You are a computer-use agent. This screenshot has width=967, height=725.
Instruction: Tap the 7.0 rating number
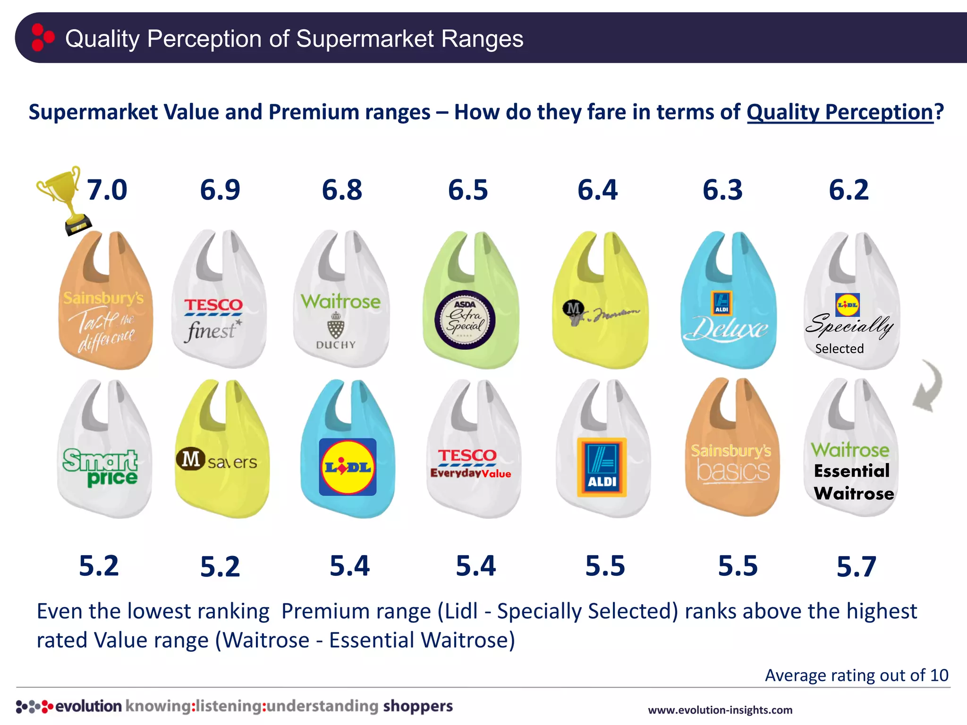click(x=107, y=190)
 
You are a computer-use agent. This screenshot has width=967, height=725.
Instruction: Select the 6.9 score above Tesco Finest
click(x=220, y=190)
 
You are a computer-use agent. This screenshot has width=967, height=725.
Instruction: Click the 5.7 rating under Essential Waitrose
click(x=856, y=566)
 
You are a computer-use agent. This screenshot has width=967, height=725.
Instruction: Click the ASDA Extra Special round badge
click(x=465, y=320)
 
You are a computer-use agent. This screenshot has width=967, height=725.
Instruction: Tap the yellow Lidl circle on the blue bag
click(x=348, y=467)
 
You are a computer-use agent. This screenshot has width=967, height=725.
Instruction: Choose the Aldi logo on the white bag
click(x=602, y=467)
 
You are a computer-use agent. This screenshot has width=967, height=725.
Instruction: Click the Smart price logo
click(x=100, y=467)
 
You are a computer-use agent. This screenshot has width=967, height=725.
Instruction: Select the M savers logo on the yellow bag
click(x=217, y=460)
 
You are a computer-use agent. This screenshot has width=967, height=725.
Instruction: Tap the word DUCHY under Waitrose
click(x=336, y=345)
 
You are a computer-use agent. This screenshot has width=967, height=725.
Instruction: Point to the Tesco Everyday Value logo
click(x=469, y=463)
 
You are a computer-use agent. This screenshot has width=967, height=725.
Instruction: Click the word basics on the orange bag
click(x=733, y=471)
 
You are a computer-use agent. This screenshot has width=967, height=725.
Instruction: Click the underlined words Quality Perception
click(x=840, y=112)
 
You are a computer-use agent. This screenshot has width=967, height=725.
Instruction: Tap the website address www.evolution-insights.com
click(x=720, y=710)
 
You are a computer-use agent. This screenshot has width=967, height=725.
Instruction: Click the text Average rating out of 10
click(x=856, y=675)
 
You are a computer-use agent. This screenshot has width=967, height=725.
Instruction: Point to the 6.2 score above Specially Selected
click(x=848, y=190)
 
